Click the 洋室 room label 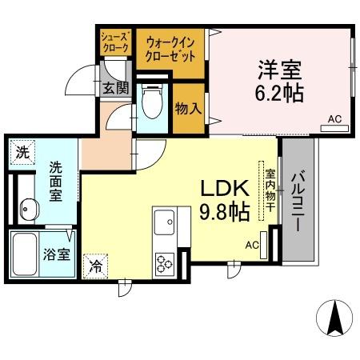(x=280, y=69)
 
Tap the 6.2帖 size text (x=280, y=94)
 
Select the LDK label (x=226, y=190)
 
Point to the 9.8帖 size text (x=226, y=213)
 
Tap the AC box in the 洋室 (x=335, y=119)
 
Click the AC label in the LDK (x=252, y=244)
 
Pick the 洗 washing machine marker (x=22, y=150)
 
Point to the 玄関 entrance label (x=114, y=88)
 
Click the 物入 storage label (x=187, y=108)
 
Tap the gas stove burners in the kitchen (x=166, y=262)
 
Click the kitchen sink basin (x=166, y=222)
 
